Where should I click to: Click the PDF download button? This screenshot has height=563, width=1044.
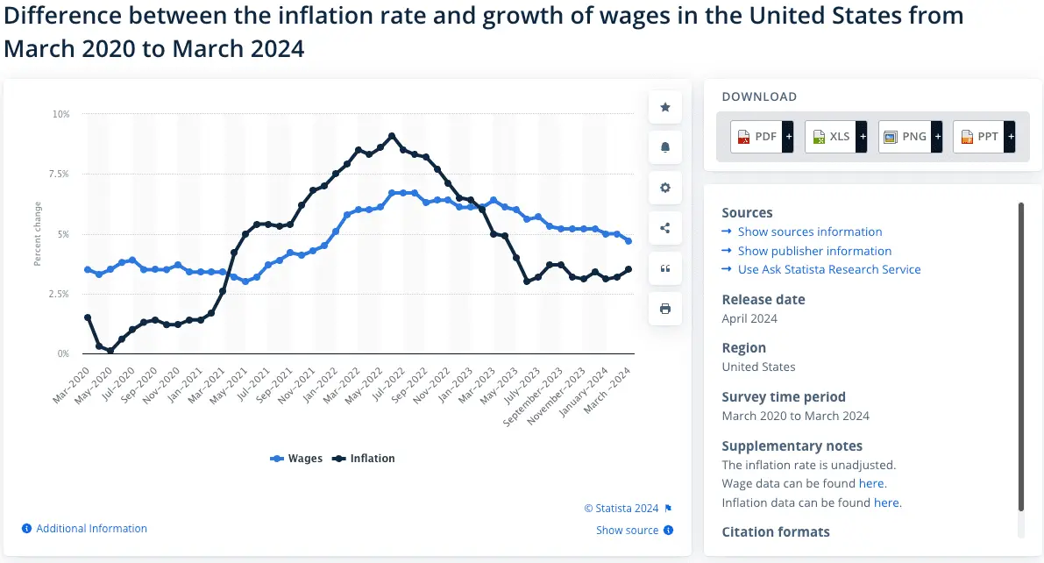(761, 137)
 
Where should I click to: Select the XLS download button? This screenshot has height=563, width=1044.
(834, 137)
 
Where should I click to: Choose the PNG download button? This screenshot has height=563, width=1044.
(908, 137)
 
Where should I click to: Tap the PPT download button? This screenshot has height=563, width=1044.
(983, 137)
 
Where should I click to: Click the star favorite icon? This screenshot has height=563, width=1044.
(665, 107)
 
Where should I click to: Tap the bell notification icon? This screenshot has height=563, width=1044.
(665, 147)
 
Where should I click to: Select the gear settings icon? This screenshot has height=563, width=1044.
(665, 188)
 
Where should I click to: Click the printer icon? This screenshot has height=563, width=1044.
(665, 309)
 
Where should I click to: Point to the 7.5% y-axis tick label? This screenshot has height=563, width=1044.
(59, 174)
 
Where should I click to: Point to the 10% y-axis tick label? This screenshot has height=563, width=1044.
(61, 114)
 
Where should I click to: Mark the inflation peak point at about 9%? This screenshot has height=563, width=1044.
(392, 136)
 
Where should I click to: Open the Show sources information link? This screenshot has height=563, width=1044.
(809, 232)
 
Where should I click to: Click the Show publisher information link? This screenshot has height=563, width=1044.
(814, 251)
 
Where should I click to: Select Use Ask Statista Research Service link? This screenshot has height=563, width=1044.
(828, 269)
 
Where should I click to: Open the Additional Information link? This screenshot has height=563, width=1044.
(91, 529)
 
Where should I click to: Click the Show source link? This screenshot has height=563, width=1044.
(627, 530)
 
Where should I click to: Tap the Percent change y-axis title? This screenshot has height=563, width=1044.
(38, 234)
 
